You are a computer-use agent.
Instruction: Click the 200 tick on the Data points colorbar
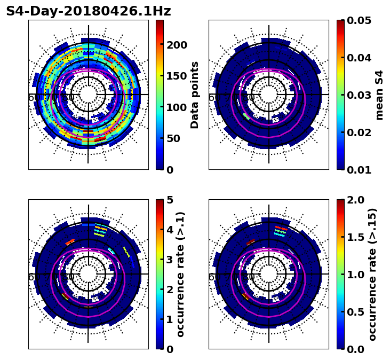point(177,45)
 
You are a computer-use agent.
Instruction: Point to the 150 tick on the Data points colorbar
point(177,76)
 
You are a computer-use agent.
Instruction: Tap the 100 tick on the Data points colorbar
point(177,107)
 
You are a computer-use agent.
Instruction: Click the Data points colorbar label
point(195,95)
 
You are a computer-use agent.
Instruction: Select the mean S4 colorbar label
point(379,95)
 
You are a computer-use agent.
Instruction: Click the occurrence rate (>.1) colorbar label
point(181,275)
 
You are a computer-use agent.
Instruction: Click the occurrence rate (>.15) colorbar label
point(373,275)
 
